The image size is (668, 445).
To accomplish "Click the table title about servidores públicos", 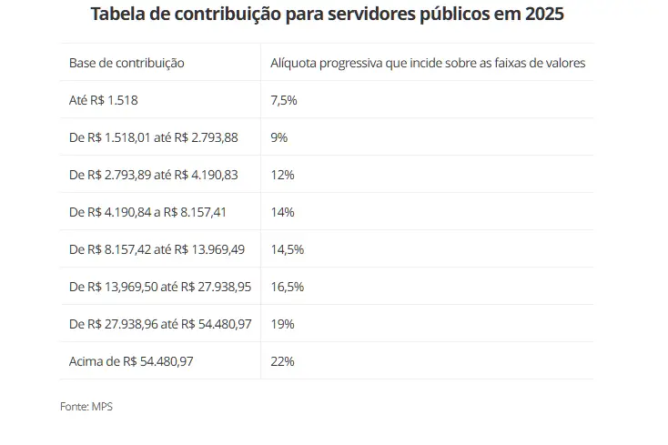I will [333, 16].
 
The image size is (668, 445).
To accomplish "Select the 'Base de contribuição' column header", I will [127, 63].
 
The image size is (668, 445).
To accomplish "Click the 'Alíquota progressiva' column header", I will [428, 63].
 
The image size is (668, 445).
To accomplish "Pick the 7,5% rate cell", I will [284, 100].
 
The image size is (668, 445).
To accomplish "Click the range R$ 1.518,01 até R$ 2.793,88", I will [153, 137].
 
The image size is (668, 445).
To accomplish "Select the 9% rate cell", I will [279, 137].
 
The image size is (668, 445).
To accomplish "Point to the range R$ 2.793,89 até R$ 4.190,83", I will [153, 175].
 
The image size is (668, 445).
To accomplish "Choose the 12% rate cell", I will [282, 175].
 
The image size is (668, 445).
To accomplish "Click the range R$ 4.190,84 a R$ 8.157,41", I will [147, 212].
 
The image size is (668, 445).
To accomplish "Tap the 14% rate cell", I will [282, 212].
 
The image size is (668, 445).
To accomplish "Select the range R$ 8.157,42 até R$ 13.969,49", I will [157, 249].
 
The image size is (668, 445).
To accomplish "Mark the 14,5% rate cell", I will [287, 249].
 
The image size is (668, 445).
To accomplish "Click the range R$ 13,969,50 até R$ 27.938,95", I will [160, 287].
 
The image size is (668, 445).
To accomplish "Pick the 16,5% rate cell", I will [287, 287].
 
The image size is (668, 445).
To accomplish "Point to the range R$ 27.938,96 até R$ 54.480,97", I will [160, 324].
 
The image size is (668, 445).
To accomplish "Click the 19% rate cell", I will [282, 324].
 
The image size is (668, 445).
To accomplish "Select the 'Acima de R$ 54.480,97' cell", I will [131, 361].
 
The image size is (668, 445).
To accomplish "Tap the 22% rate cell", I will [282, 361].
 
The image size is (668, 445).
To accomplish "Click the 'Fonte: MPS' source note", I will [86, 407].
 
